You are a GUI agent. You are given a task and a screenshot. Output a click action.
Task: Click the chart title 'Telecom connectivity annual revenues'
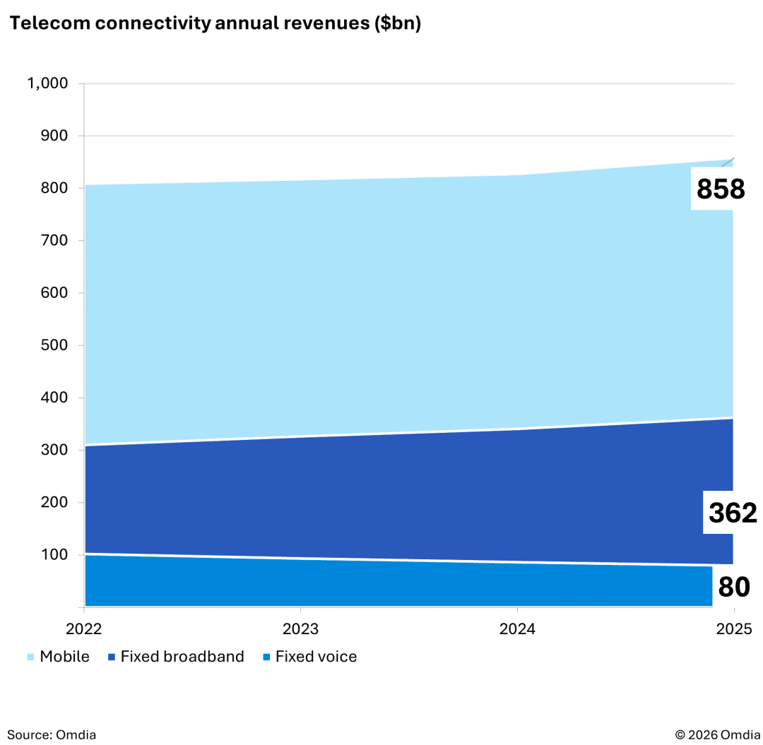[x=215, y=23]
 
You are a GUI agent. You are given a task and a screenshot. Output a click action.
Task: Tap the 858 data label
[x=721, y=189]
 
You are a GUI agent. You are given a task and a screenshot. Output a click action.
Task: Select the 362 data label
[x=733, y=513]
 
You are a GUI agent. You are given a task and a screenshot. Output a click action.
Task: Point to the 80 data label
[x=734, y=588]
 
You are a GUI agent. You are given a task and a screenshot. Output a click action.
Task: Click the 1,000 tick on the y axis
[x=47, y=83]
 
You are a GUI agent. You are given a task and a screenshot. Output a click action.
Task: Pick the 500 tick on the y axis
[x=54, y=345]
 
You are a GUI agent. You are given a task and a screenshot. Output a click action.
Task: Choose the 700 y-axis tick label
[x=54, y=241]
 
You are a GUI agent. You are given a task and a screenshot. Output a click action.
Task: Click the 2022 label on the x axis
[x=84, y=628]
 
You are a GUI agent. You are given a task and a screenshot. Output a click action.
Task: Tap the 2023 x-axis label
[x=301, y=628]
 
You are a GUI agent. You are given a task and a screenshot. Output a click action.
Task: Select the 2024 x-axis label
[x=517, y=628]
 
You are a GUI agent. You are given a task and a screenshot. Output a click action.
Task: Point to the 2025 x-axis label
[x=734, y=628]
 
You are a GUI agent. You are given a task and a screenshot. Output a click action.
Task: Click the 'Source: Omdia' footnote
[x=52, y=734]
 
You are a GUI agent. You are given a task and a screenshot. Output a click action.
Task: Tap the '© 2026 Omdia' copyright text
[x=717, y=734]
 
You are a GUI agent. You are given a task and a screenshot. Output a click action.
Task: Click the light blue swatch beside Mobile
[x=30, y=657]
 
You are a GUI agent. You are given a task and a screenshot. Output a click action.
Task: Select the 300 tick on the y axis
[x=54, y=451]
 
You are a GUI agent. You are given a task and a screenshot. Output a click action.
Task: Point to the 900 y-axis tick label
[x=54, y=136]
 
